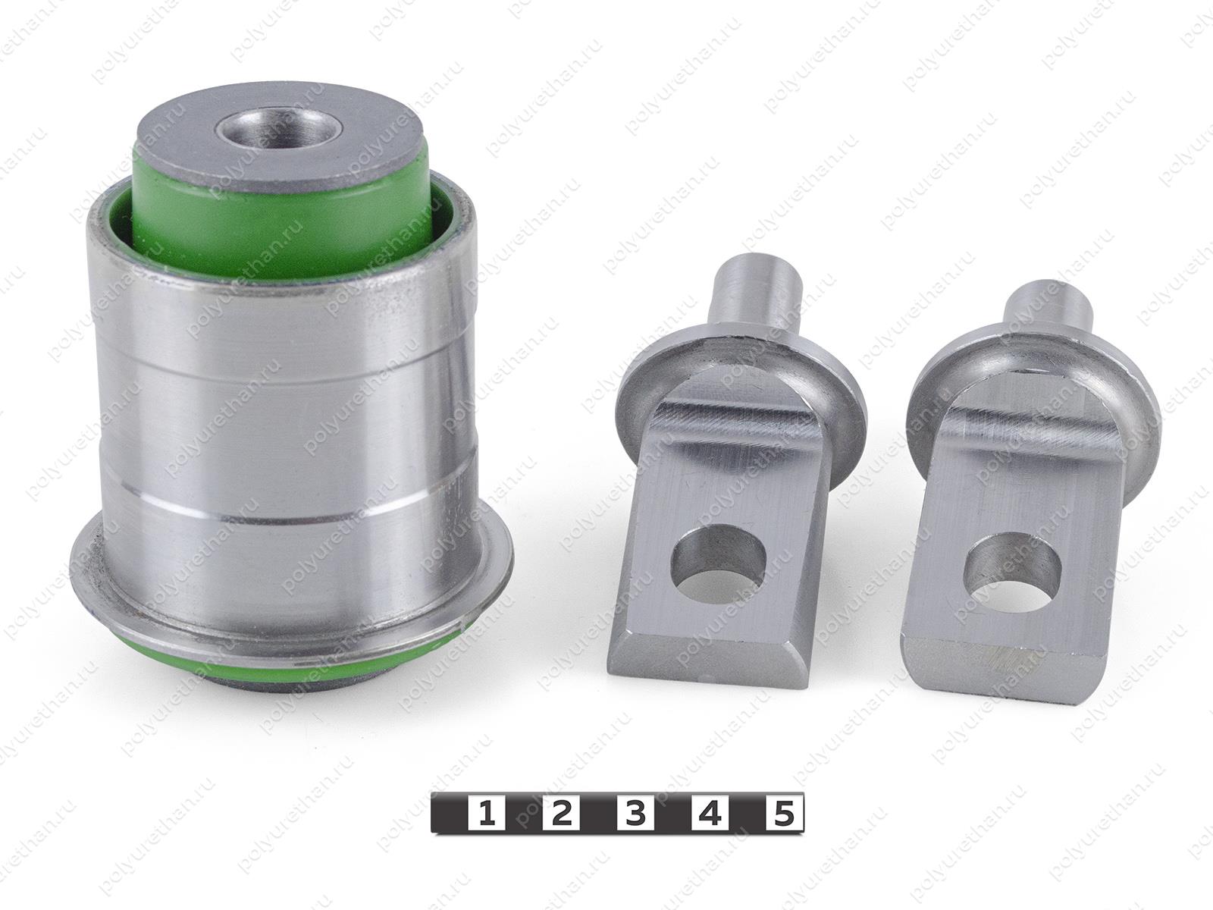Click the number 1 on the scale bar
[487, 813]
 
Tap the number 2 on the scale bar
[561, 813]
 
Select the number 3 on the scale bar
[635, 813]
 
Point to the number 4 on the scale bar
[710, 813]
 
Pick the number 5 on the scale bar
[784, 813]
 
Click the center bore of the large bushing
[277, 129]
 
